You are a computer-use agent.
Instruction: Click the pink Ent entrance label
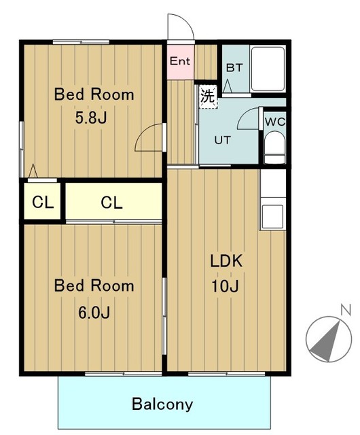tap(180, 60)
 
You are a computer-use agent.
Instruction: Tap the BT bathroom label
tap(234, 68)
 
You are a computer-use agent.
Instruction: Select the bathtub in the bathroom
tap(268, 69)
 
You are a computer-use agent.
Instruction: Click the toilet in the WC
tap(274, 147)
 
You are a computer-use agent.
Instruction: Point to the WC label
tap(275, 122)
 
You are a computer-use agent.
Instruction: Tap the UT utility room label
tap(222, 140)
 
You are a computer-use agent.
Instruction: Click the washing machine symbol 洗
tap(208, 97)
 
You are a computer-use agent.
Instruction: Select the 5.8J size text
tap(91, 118)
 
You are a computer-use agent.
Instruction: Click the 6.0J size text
tap(94, 313)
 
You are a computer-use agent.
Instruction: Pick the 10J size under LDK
tap(226, 286)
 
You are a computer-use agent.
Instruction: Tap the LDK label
tap(226, 261)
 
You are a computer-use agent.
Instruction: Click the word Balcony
tap(162, 404)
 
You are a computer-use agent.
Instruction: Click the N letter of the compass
tap(346, 310)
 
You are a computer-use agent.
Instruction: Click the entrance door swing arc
tap(185, 19)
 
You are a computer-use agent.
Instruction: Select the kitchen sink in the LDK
tap(272, 216)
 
